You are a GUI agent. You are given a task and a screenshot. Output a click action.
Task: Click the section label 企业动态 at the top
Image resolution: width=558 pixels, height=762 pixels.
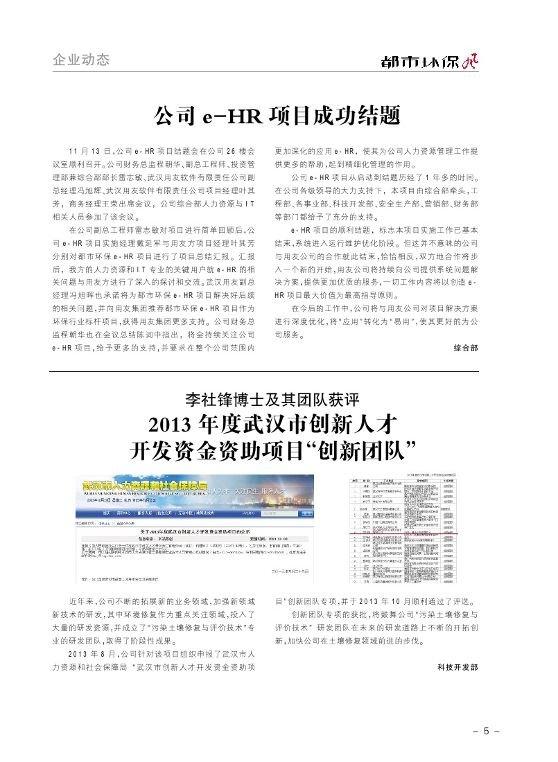(x=81, y=60)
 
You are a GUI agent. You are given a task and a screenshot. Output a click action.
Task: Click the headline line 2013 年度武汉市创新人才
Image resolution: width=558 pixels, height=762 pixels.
(x=278, y=424)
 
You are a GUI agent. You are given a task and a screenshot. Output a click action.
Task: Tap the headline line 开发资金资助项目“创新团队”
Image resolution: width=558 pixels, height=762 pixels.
(x=278, y=451)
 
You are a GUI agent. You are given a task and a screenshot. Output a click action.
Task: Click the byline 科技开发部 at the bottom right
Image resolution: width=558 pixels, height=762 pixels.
(x=457, y=666)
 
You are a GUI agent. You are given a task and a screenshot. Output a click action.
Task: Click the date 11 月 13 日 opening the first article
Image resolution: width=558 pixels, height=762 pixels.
(x=90, y=150)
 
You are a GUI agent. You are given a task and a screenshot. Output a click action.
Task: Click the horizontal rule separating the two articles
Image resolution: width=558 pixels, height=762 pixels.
(x=277, y=371)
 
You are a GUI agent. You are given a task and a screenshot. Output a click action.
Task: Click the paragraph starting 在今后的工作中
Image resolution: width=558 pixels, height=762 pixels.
(x=376, y=321)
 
